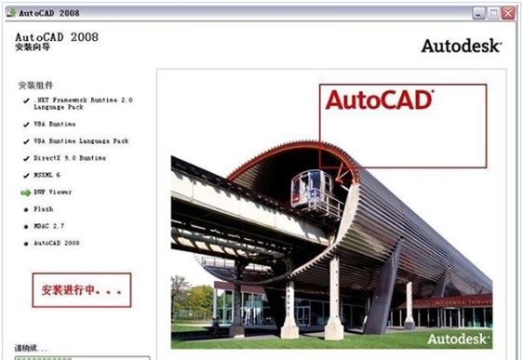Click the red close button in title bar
pyautogui.click(x=508, y=14)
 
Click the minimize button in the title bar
pyautogui.click(x=476, y=14)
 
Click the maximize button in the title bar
pyautogui.click(x=492, y=14)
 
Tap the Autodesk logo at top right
pyautogui.click(x=462, y=46)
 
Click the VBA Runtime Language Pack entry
pyautogui.click(x=81, y=141)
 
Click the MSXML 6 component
pyautogui.click(x=48, y=175)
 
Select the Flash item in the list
pyautogui.click(x=44, y=209)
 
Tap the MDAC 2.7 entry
pyautogui.click(x=50, y=226)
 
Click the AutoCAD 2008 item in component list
pyautogui.click(x=58, y=243)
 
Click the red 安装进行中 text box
pyautogui.click(x=81, y=290)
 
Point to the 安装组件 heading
pyautogui.click(x=36, y=86)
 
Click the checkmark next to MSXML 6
pyautogui.click(x=25, y=175)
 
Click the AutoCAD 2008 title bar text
pyautogui.click(x=47, y=14)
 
